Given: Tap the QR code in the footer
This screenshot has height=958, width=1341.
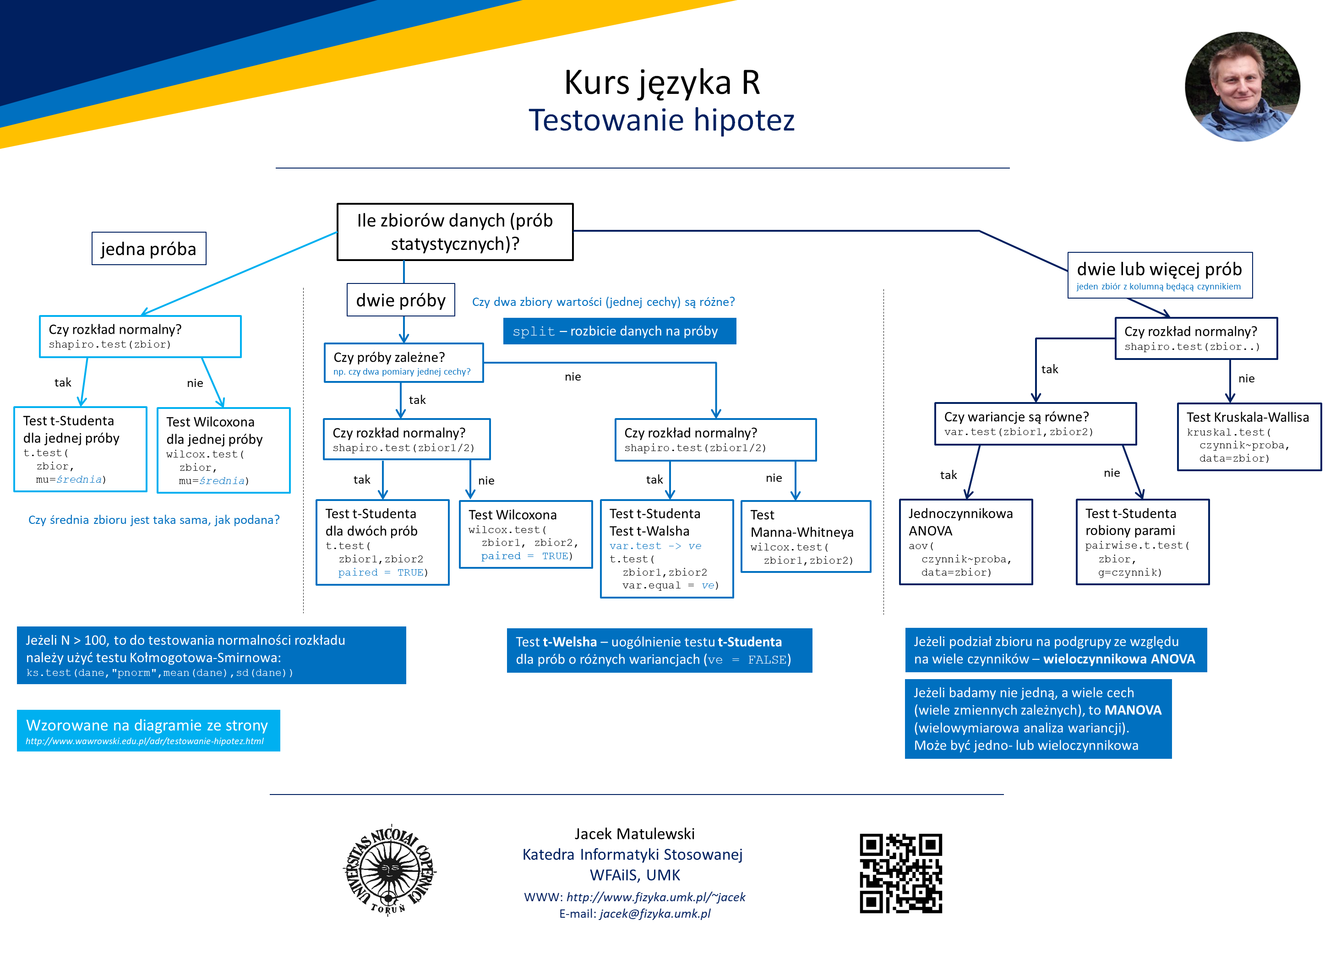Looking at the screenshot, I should tap(900, 873).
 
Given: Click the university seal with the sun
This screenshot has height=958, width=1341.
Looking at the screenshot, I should tap(389, 870).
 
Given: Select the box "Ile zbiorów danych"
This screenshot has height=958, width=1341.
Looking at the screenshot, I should tap(455, 232).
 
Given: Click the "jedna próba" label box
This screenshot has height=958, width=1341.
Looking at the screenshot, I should tap(149, 248).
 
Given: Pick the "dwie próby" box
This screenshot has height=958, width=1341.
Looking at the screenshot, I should tap(401, 300).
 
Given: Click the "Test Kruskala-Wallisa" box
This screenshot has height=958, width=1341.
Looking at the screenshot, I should tap(1249, 436).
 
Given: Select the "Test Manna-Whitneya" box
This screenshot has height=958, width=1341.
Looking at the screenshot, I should tap(805, 536).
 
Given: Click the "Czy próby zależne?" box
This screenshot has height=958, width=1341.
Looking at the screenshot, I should tap(403, 363).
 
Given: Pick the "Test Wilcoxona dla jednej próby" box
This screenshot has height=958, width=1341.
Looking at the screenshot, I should tap(223, 450).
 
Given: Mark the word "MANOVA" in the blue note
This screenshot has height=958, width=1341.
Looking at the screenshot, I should tap(1133, 710).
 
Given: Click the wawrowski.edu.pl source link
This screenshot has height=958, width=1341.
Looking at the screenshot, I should tap(145, 741).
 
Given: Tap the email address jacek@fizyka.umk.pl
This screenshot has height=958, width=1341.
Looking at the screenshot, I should tap(655, 913).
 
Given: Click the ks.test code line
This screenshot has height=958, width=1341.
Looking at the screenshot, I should tap(159, 673).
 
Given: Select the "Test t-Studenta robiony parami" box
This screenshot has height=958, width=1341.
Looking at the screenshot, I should tap(1142, 542).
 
